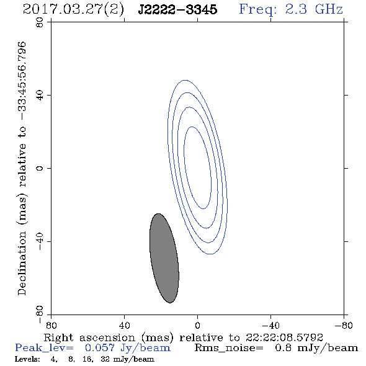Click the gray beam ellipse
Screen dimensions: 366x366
164,258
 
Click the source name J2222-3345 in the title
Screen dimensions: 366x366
177,9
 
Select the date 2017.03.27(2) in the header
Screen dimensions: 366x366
73,10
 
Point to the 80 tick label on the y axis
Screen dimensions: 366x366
40,22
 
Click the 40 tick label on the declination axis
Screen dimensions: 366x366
40,96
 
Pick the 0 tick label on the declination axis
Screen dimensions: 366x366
40,168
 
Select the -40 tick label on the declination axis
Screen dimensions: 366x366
40,241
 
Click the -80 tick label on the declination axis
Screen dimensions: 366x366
40,315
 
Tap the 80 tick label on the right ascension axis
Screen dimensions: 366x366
51,326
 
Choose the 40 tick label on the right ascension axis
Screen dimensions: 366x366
124,326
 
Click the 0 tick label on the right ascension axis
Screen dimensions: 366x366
197,326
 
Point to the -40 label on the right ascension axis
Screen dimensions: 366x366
270,326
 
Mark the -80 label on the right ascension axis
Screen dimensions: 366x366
344,326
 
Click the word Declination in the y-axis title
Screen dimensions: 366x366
22,263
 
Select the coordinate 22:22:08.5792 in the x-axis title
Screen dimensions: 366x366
284,337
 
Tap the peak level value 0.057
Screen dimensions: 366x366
100,348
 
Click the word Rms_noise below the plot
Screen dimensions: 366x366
229,348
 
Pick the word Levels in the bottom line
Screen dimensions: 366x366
27,359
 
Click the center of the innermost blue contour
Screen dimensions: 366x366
198,167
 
